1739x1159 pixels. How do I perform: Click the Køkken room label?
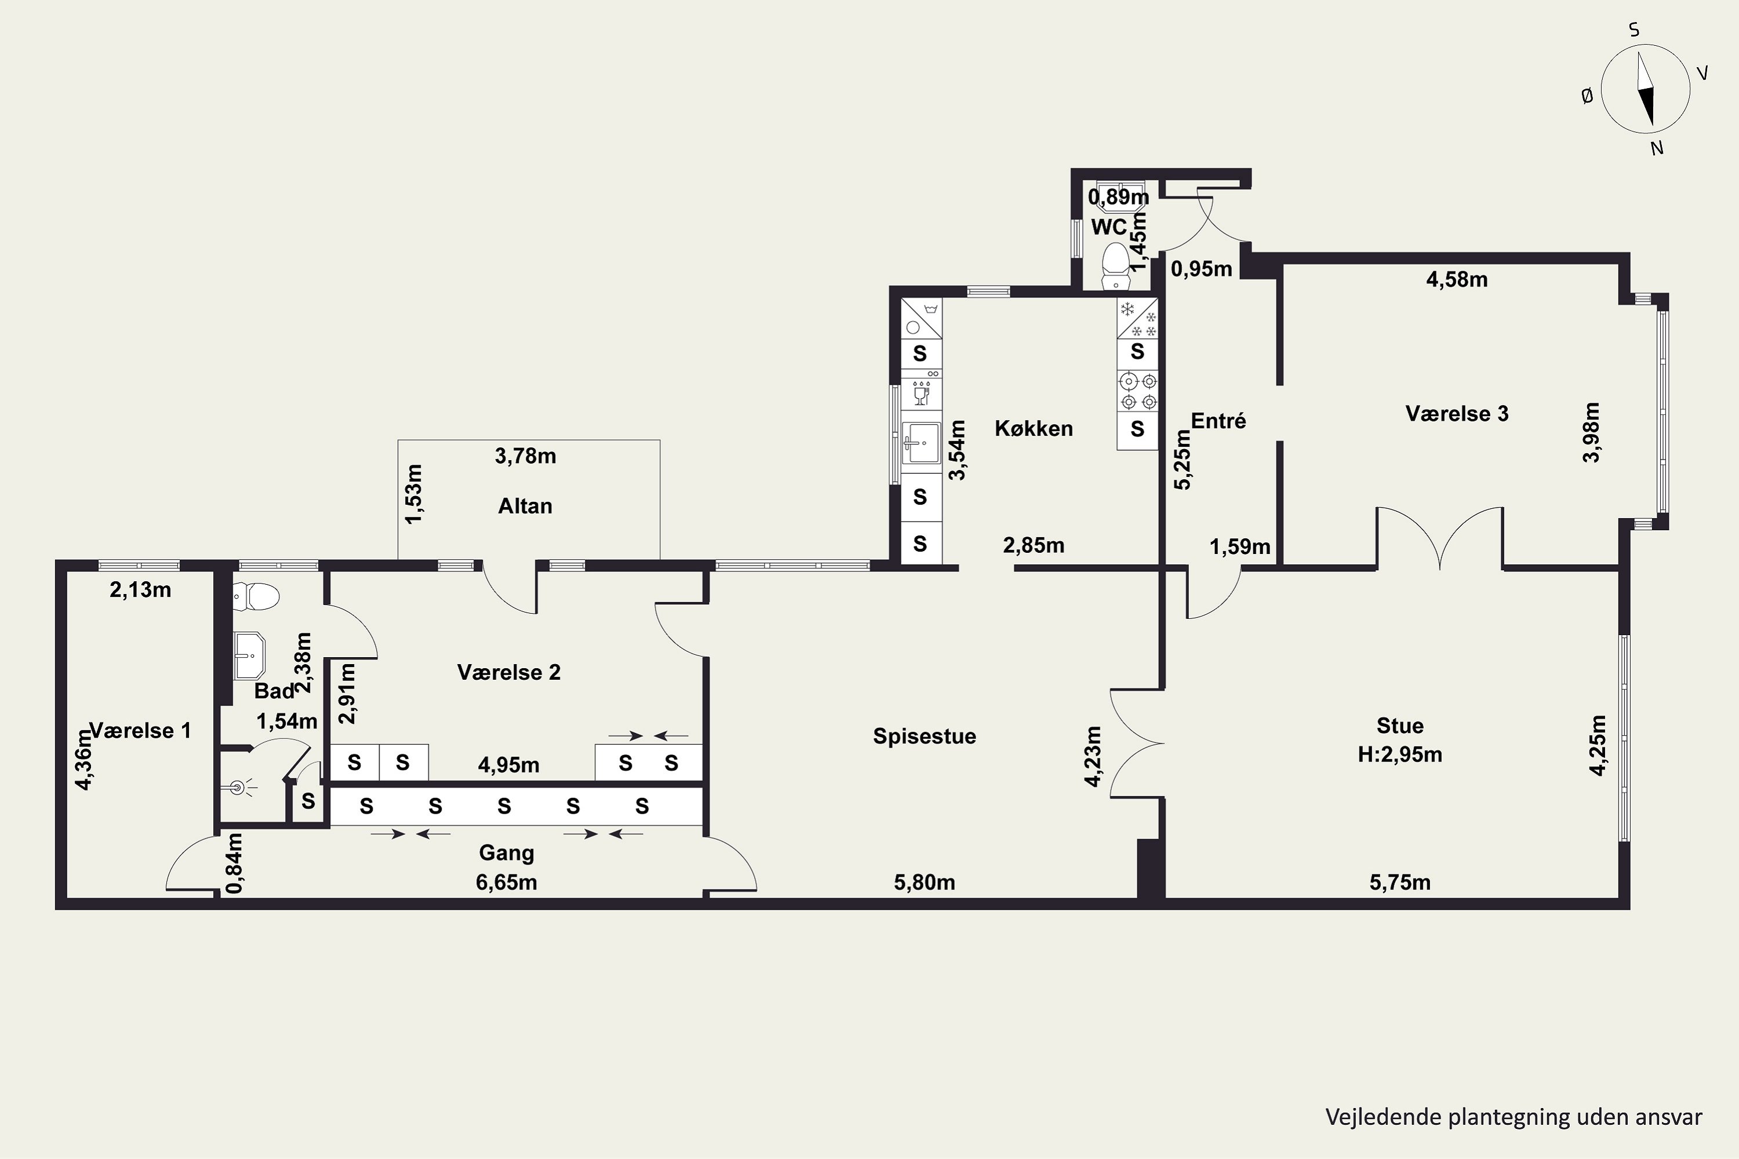(x=1034, y=428)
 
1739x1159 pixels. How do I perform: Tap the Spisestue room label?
(x=924, y=736)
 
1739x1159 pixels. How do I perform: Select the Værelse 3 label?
(x=1457, y=413)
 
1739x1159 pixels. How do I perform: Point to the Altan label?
(x=525, y=506)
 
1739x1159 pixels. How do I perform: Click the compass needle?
(x=1645, y=89)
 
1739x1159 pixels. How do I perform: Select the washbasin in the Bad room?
(x=249, y=655)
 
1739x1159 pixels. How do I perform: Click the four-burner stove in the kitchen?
(x=1137, y=392)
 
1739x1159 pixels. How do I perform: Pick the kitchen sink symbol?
(x=921, y=443)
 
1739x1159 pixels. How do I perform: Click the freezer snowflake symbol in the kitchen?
(x=1137, y=319)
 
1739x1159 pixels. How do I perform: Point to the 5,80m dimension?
(x=924, y=882)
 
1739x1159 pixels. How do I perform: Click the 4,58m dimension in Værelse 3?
(x=1457, y=279)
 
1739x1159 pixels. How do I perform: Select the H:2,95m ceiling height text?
(x=1400, y=755)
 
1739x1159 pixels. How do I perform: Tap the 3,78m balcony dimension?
(x=525, y=456)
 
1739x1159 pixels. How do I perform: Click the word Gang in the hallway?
(x=507, y=853)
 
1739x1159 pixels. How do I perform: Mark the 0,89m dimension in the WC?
(x=1119, y=196)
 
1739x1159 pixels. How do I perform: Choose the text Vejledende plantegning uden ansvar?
(x=1514, y=1117)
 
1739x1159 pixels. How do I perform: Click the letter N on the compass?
(x=1657, y=148)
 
